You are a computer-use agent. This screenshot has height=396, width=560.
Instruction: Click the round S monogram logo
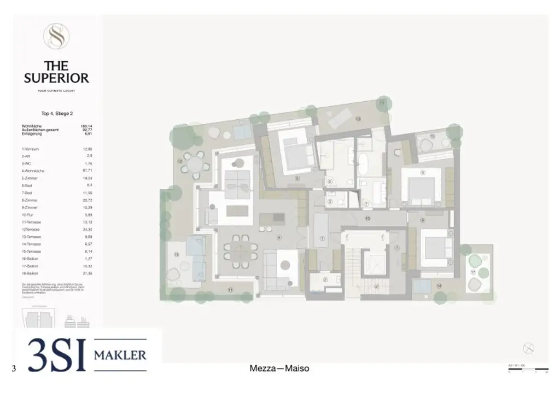(56, 37)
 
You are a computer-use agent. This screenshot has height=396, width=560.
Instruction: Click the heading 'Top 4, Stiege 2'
(56, 114)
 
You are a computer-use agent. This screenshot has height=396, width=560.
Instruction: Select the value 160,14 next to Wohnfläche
(86, 126)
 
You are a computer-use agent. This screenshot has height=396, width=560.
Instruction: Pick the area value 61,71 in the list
(86, 171)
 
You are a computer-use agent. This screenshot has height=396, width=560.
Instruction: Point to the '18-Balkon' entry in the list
(30, 273)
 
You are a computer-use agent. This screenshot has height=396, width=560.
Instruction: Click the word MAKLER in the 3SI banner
(120, 355)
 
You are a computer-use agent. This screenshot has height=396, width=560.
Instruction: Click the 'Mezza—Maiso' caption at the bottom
(279, 369)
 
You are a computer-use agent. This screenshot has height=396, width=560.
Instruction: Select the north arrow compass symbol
(528, 348)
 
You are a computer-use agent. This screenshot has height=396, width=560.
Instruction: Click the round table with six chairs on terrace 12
(195, 162)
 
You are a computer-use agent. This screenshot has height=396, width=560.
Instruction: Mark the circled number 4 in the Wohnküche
(279, 237)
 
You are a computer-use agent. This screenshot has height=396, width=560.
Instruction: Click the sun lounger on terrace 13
(340, 116)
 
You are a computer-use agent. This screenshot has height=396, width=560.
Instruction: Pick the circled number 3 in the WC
(330, 201)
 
